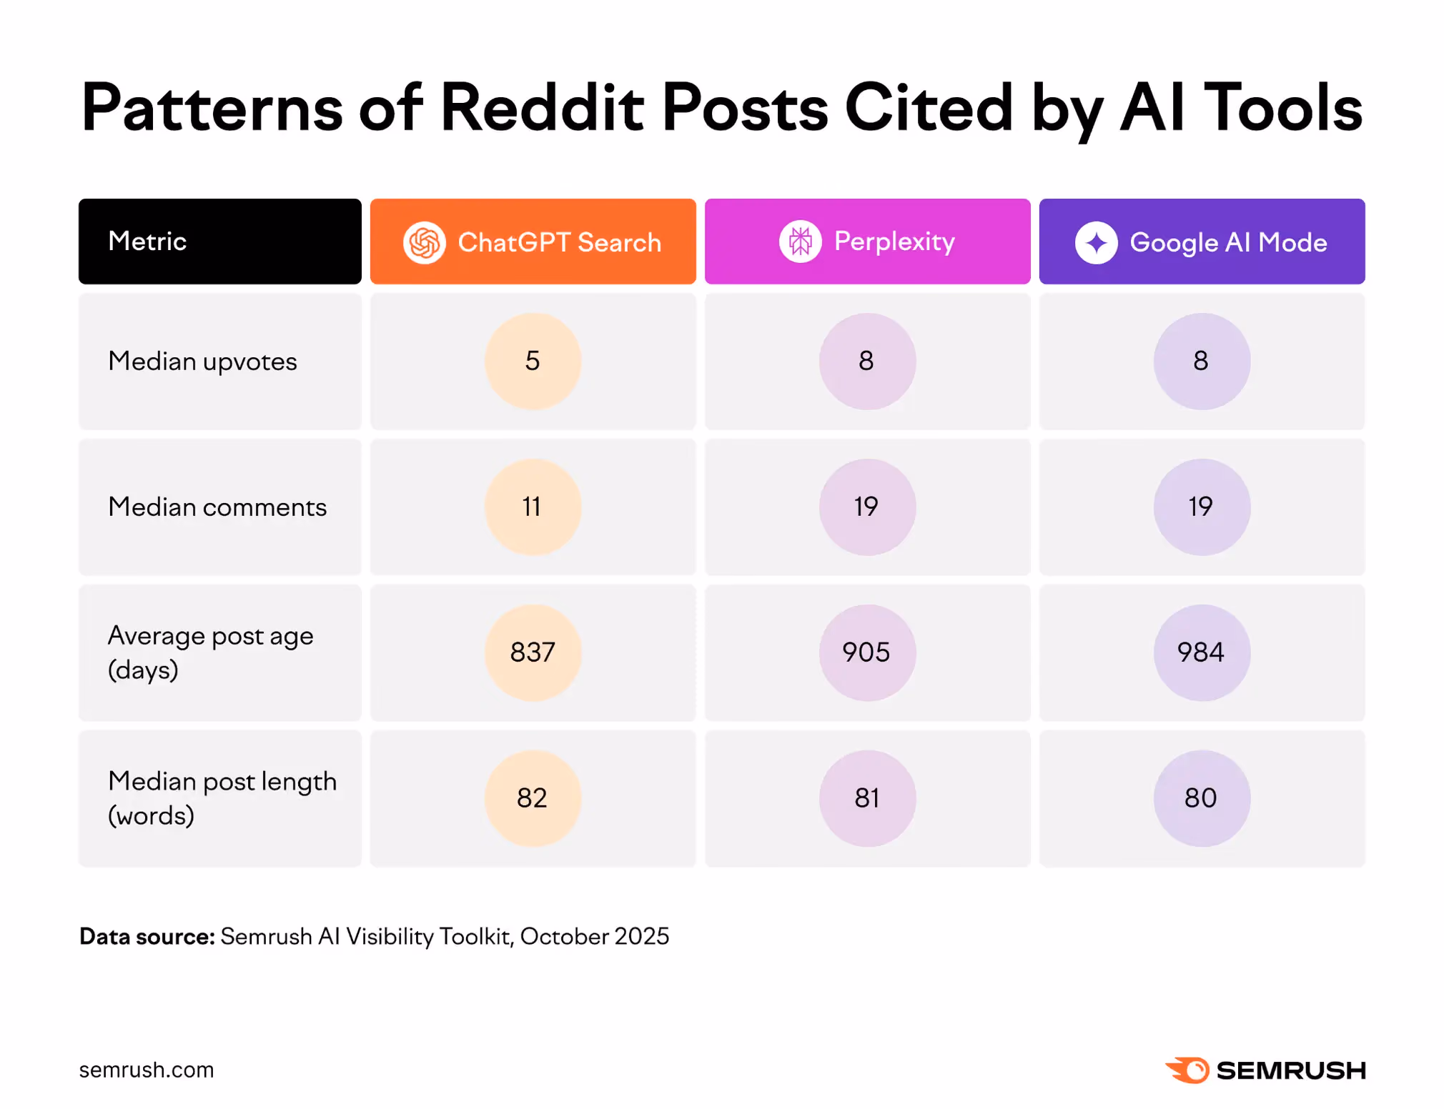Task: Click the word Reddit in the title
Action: (543, 107)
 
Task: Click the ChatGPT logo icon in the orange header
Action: (425, 242)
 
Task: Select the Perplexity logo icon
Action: (800, 242)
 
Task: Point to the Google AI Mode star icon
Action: (1096, 242)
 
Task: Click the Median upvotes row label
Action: (202, 362)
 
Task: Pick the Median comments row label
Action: (217, 507)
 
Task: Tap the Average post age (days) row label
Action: (210, 652)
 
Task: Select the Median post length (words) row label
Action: (222, 798)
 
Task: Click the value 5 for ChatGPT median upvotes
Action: (533, 361)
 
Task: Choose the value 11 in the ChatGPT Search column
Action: (533, 507)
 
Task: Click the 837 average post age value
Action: (533, 652)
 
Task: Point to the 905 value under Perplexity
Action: (867, 652)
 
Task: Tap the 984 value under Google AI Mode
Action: (1202, 652)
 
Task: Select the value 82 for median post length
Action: (533, 798)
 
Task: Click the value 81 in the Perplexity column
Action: (867, 798)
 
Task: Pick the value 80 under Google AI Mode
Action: (1202, 798)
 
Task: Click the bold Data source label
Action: (147, 936)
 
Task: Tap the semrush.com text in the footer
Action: (147, 1070)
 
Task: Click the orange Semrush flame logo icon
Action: (1187, 1070)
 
